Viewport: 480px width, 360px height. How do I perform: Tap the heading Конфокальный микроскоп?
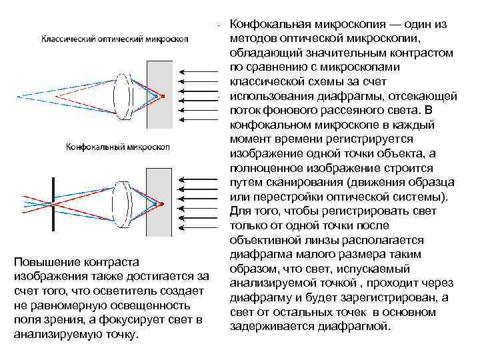pos(117,146)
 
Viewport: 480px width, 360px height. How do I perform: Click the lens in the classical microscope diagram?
pos(124,95)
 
